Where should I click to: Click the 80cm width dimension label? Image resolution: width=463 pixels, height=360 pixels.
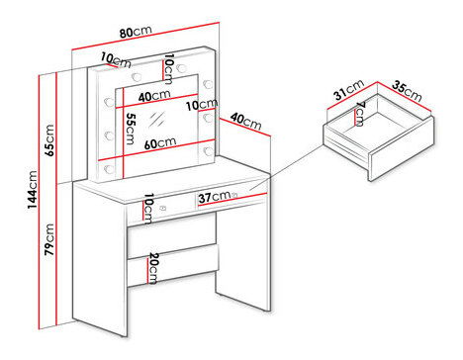click(136, 32)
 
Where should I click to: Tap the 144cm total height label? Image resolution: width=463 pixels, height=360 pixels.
click(33, 190)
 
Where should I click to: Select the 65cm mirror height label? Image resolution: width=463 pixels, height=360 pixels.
click(49, 140)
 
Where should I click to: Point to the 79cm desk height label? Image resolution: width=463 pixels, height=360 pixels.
click(49, 239)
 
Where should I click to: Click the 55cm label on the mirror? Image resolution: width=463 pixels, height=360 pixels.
click(131, 129)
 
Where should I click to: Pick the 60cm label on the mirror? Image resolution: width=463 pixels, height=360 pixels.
click(160, 143)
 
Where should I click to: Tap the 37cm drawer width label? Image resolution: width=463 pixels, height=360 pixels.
click(215, 197)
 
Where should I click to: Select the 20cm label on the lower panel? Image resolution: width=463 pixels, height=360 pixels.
click(153, 268)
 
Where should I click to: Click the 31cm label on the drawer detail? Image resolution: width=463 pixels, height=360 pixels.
click(348, 89)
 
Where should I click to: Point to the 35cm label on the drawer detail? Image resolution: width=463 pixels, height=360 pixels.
click(407, 91)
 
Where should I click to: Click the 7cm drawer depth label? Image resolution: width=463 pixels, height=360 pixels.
click(359, 114)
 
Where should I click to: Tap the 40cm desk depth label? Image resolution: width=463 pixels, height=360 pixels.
click(246, 121)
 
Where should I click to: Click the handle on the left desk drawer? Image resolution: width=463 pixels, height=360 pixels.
click(162, 208)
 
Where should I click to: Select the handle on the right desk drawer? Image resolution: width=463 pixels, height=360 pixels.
click(234, 195)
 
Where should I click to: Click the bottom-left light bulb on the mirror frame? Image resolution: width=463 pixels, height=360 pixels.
click(109, 169)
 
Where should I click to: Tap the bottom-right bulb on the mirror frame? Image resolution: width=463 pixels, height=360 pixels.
click(209, 151)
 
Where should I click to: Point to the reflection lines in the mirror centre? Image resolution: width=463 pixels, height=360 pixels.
click(156, 120)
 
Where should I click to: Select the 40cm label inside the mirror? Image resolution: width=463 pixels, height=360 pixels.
click(154, 96)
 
